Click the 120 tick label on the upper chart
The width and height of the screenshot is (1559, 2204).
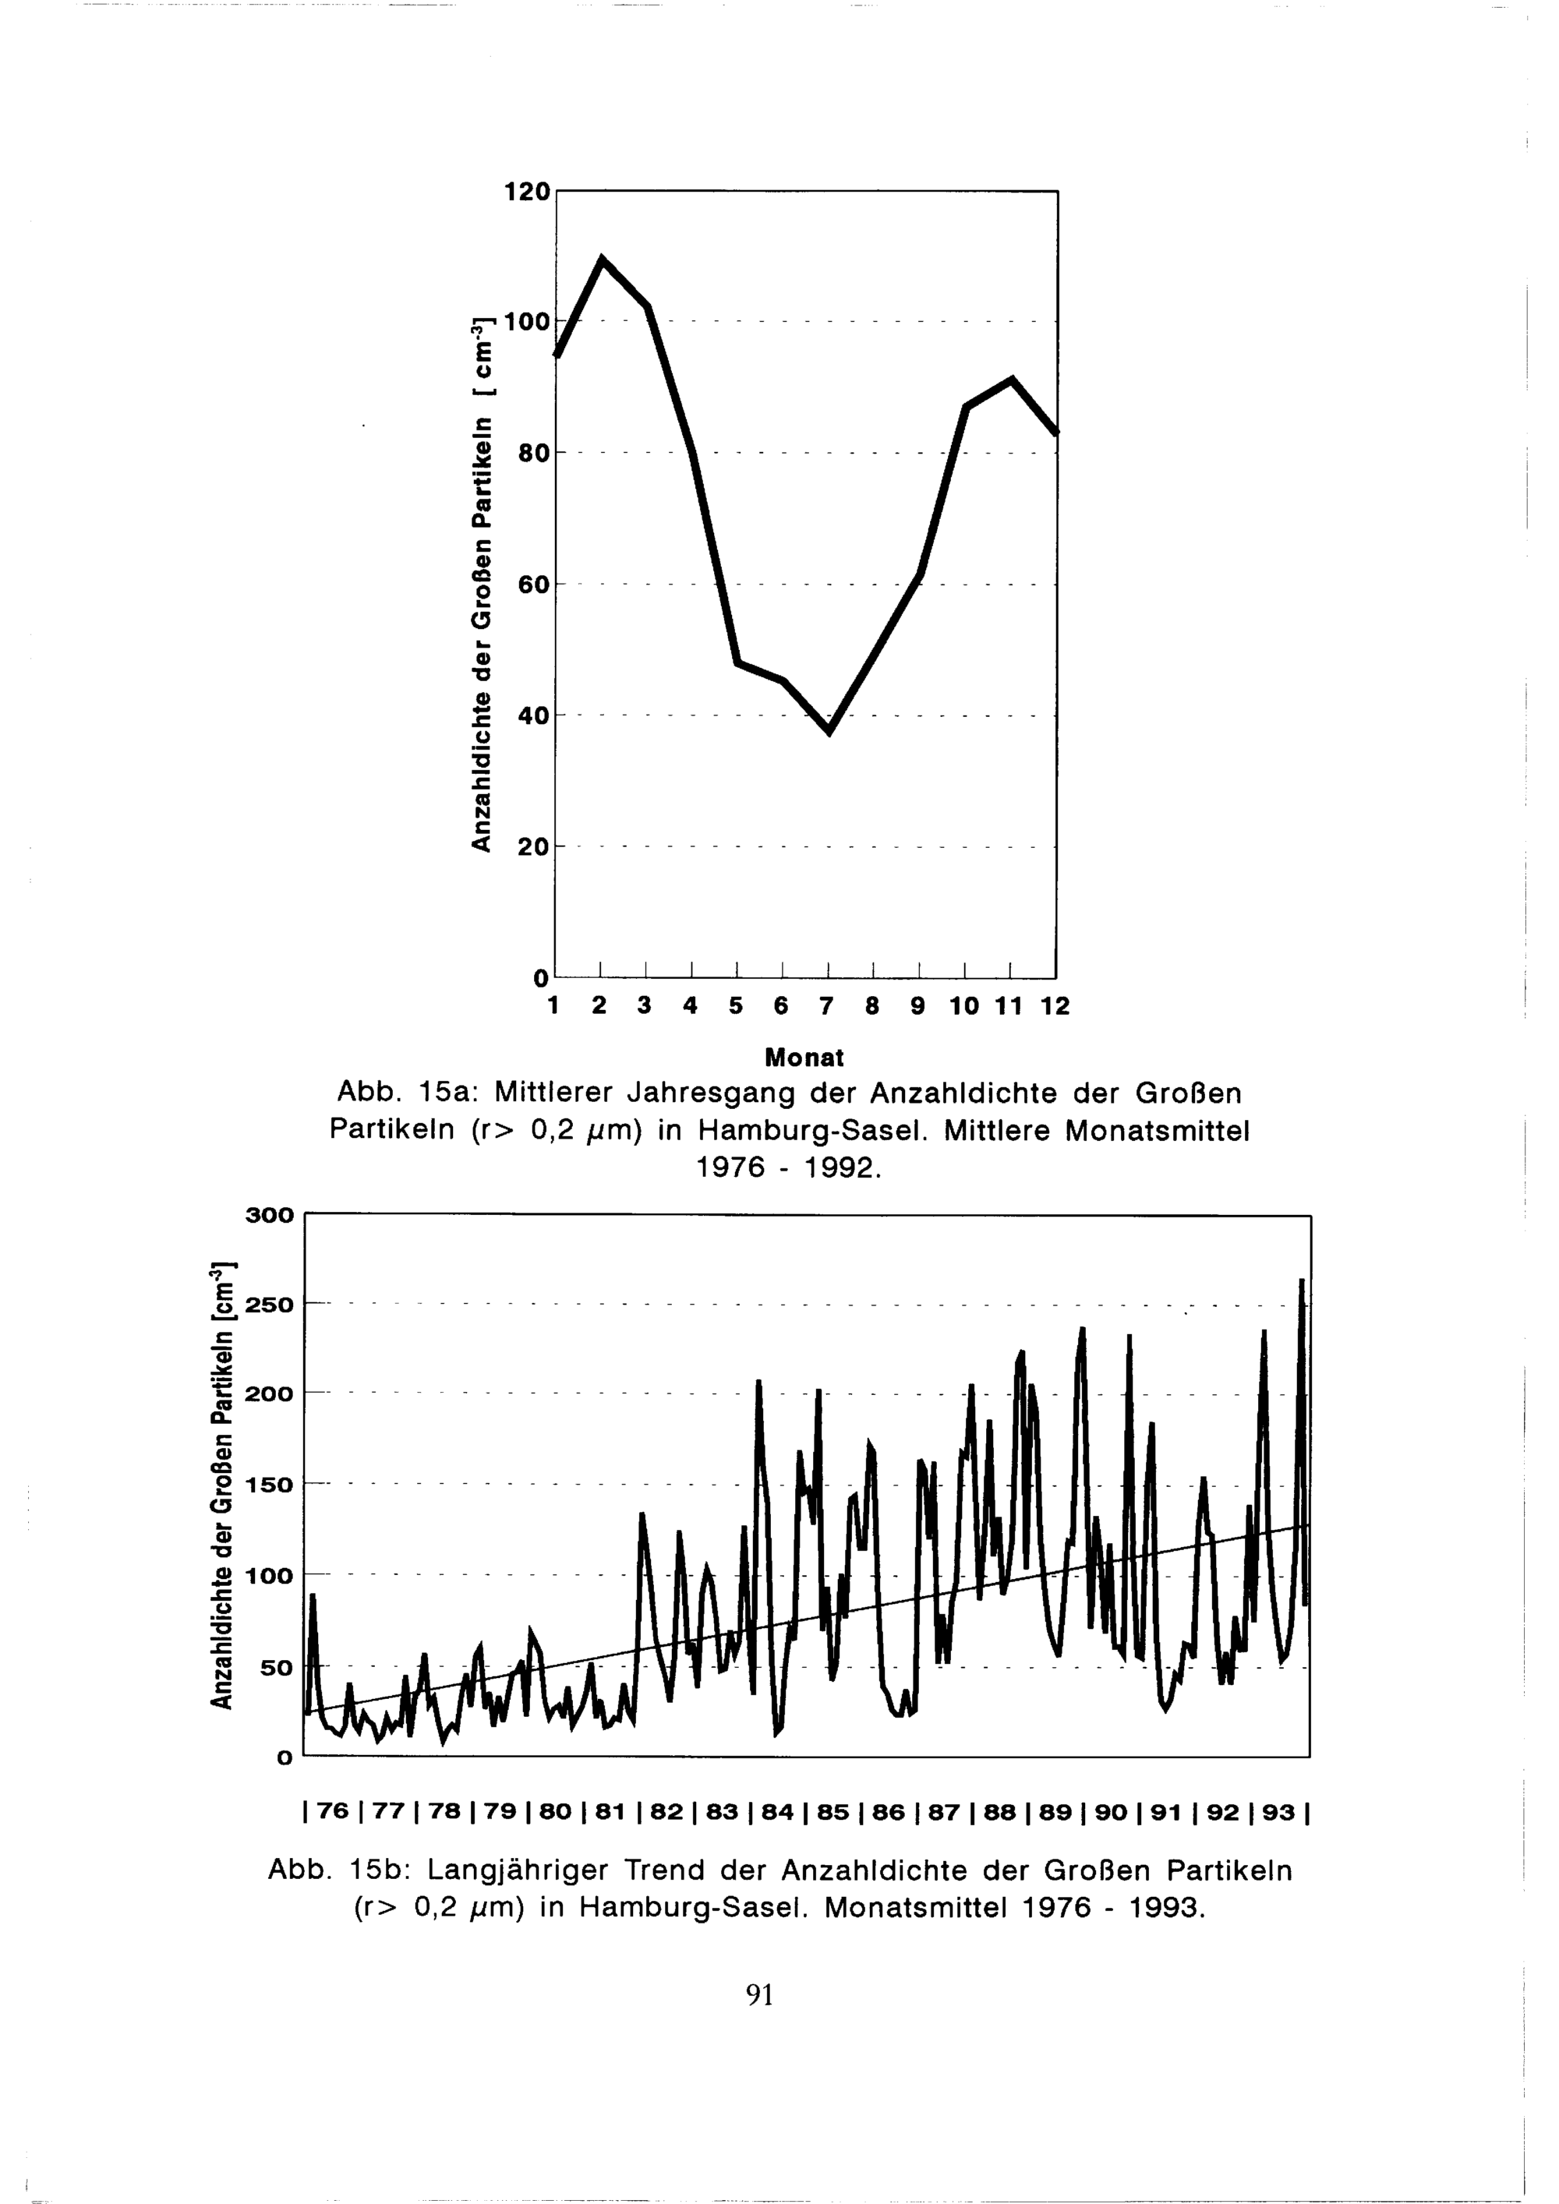[527, 192]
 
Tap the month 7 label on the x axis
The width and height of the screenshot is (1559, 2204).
[825, 1006]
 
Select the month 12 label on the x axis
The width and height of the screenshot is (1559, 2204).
[1054, 1006]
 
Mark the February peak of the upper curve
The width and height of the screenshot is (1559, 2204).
[602, 260]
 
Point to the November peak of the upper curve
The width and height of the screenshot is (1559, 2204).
[1012, 380]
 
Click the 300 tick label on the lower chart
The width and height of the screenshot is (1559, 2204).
[269, 1215]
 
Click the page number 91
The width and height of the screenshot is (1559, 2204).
[759, 1994]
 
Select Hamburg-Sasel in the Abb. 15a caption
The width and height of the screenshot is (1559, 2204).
[811, 1132]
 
